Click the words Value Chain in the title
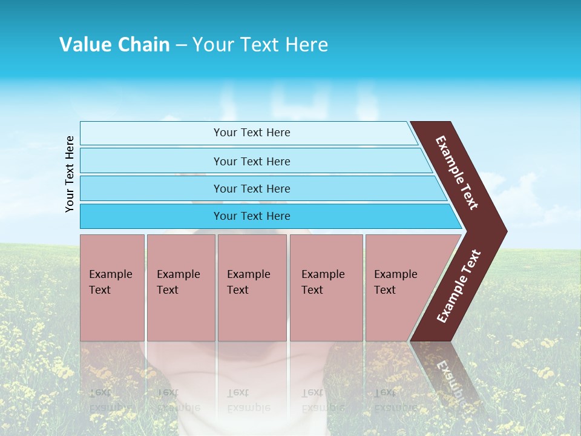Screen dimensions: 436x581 114,45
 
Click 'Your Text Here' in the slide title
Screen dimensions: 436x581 260,45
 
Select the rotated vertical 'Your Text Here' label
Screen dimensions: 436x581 70,174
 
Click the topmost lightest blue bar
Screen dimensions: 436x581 251,133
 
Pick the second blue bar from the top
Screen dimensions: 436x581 251,161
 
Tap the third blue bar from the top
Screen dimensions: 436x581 251,188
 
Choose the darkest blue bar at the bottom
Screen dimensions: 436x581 251,216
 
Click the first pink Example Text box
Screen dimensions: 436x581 112,288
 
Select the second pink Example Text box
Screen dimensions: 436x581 180,288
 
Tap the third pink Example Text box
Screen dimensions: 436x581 252,288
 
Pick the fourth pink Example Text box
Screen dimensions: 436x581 326,288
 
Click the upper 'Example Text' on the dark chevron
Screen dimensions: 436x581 458,173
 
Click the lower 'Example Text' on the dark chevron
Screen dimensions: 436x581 459,286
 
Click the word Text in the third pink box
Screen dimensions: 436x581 238,290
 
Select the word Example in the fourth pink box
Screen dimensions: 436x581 323,274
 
